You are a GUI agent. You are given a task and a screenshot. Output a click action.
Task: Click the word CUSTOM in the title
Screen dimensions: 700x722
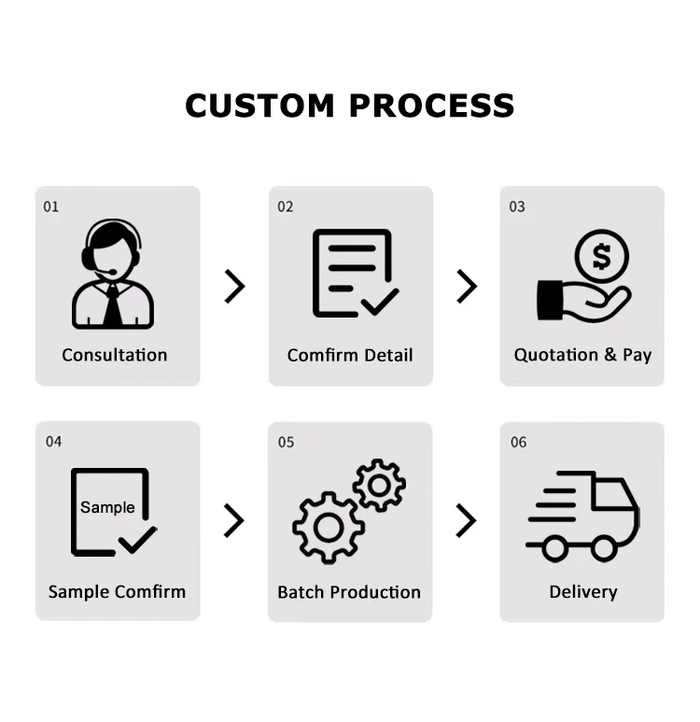coord(260,106)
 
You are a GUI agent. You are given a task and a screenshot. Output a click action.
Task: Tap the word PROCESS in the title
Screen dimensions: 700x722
coord(432,106)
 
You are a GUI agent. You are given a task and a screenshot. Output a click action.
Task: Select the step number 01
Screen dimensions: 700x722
coord(51,206)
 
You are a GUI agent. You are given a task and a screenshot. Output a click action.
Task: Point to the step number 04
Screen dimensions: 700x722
coord(53,441)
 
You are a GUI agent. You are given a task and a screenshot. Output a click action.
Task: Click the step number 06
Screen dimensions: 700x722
coord(518,442)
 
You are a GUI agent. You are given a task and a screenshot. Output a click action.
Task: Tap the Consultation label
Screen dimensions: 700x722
coord(115,355)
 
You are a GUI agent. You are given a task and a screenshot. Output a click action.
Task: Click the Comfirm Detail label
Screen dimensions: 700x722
coord(350,355)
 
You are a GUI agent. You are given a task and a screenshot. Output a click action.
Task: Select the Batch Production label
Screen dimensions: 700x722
coord(349,592)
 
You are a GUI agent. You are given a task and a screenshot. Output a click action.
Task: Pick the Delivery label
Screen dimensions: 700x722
coord(583,592)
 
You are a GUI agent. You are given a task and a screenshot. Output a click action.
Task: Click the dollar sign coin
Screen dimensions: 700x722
coord(602,256)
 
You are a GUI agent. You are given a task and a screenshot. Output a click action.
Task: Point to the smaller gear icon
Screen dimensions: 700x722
coord(379,485)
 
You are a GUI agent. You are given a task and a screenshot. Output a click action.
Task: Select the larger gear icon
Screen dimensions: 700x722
coord(328,528)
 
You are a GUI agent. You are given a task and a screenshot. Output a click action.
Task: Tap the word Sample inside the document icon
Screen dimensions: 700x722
coord(107,507)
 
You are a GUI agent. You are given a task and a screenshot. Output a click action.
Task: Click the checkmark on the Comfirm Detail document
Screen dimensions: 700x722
coord(378,301)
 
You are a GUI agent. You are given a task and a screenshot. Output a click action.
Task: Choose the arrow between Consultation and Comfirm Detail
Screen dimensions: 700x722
coord(234,286)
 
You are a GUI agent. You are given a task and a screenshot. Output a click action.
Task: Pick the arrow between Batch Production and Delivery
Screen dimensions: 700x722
coord(466,520)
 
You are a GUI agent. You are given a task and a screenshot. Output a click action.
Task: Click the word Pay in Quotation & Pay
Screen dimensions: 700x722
coord(637,355)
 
